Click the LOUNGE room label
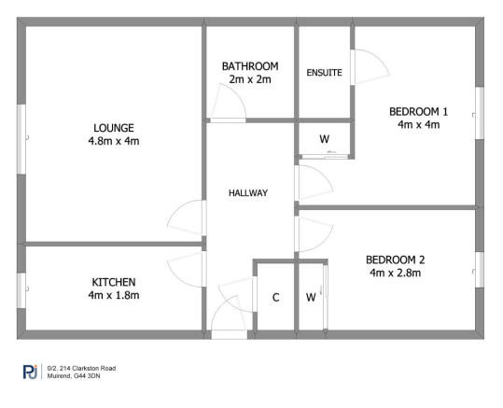coord(114,128)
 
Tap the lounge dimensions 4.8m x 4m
coord(114,142)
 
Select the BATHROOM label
coord(250,66)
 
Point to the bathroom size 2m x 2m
coord(250,80)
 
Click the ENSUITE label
coord(324,72)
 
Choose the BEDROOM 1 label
coord(418,112)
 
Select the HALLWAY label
coord(248,193)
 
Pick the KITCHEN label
coord(114,282)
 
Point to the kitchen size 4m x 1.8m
coord(114,296)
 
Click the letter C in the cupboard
coord(275,299)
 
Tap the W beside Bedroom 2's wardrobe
coord(311,299)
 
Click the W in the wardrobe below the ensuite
coord(324,140)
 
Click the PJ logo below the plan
coord(29,373)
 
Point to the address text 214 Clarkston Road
coord(84,369)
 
